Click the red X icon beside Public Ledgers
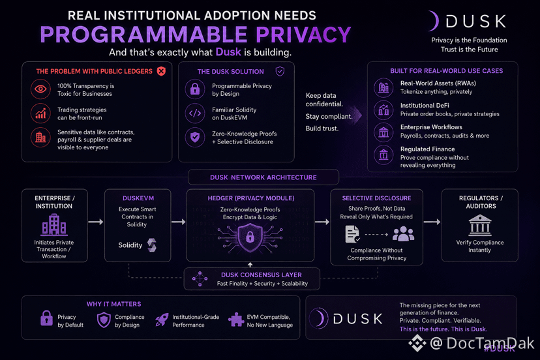coord(161,71)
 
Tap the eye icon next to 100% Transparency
coord(40,89)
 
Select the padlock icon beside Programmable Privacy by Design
coord(195,89)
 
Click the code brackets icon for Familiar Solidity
coord(195,113)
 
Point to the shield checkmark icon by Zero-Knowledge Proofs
coord(195,137)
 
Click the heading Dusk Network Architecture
coord(263,177)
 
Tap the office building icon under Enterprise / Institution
coord(54,224)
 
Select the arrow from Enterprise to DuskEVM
coord(96,222)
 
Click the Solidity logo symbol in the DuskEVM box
coord(152,245)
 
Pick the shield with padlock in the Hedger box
coord(250,237)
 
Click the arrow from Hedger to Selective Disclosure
coord(322,222)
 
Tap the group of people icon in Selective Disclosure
coord(403,234)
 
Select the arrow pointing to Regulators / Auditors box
coord(432,222)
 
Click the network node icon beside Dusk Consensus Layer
coord(200,278)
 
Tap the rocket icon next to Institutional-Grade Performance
coord(162,320)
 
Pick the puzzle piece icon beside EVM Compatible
coord(236,320)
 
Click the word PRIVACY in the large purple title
coord(303,35)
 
